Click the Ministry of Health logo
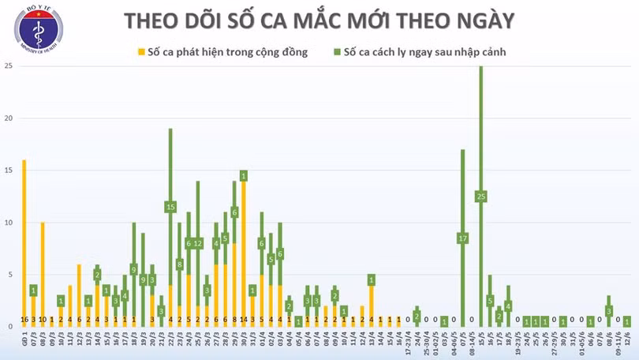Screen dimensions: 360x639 (x=38, y=28)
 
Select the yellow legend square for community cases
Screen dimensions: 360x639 (x=142, y=53)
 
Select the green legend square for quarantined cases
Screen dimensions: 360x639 (x=336, y=53)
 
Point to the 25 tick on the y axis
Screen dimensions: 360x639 (x=8, y=66)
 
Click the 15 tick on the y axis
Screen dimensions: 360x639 (x=8, y=171)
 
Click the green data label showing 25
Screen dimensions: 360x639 (x=480, y=196)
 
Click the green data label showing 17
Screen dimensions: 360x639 (x=462, y=238)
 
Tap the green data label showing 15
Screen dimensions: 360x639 (x=170, y=207)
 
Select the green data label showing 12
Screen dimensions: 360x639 (x=198, y=243)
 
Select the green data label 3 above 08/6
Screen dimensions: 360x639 (x=609, y=311)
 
